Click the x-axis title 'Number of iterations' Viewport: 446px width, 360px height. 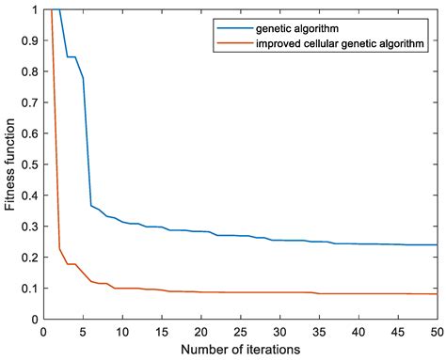click(241, 350)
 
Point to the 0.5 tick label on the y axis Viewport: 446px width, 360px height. click(28, 164)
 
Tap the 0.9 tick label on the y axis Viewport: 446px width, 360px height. click(28, 40)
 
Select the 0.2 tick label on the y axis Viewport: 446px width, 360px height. click(28, 257)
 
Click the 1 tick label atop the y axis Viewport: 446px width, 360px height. click(34, 10)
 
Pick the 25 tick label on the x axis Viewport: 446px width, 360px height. click(241, 331)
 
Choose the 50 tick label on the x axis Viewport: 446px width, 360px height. click(438, 331)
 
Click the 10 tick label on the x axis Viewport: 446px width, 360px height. click(122, 331)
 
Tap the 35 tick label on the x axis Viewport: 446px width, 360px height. click(320, 331)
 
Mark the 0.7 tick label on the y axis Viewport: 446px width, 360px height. click(28, 102)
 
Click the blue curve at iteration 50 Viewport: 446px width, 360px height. click(438, 244)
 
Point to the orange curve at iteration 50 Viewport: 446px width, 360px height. click(438, 294)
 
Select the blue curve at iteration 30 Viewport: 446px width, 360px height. click(280, 240)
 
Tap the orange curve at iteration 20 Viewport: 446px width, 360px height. click(201, 291)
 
